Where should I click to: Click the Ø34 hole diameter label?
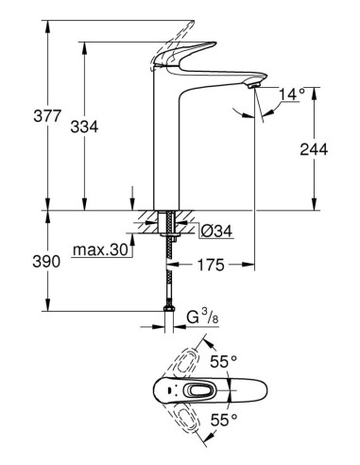210,230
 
